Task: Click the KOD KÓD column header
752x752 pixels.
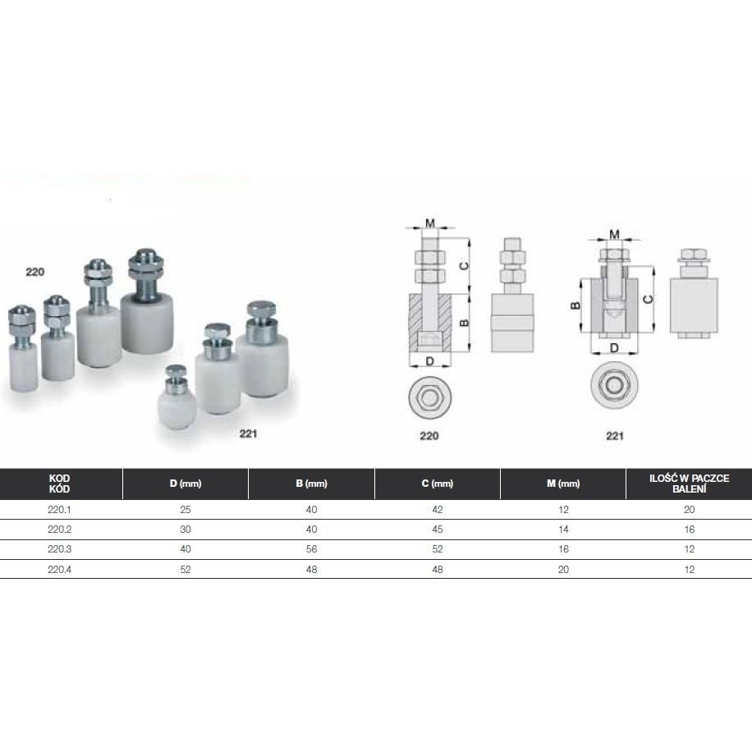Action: (x=59, y=484)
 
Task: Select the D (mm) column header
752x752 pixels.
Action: (x=185, y=484)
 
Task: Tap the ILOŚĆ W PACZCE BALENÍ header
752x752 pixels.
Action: (x=689, y=484)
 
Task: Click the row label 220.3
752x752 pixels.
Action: (x=59, y=549)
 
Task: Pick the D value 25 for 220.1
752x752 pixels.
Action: (x=185, y=509)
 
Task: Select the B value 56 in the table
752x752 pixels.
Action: (x=311, y=549)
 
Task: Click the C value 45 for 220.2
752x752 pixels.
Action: (x=438, y=530)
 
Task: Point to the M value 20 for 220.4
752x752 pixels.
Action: (x=563, y=569)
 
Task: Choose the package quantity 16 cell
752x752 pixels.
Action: (x=689, y=530)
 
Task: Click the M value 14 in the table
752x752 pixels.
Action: (x=563, y=530)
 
